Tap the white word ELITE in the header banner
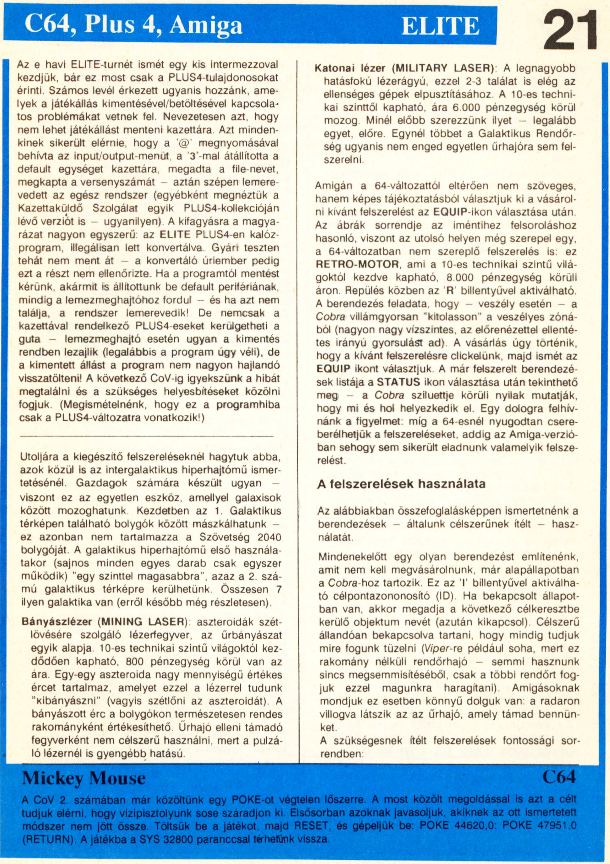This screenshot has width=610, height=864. point(440,26)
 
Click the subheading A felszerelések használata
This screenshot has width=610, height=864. point(401,484)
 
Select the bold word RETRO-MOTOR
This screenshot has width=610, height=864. point(358,264)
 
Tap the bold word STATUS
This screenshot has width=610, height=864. point(398,382)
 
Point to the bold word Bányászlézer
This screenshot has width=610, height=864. point(57,622)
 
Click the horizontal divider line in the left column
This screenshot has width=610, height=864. point(147,436)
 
